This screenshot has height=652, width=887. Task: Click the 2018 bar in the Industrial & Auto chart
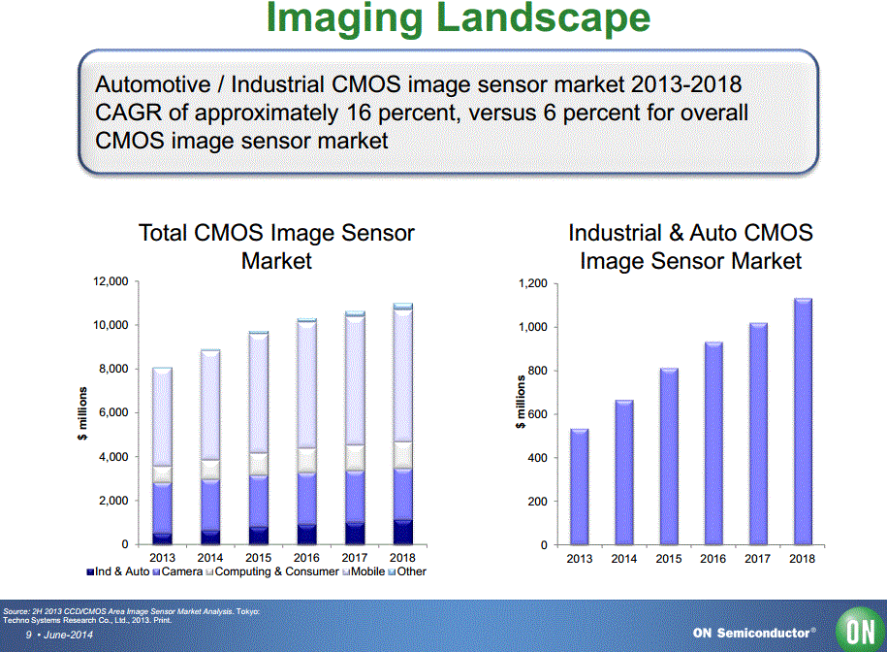coord(803,421)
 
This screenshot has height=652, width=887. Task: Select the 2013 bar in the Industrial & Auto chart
coord(579,486)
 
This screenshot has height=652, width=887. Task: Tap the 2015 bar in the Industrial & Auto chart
coord(668,456)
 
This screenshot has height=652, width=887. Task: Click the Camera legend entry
coord(180,571)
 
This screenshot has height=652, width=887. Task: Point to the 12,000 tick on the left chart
coord(110,281)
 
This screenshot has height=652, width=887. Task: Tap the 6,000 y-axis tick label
coord(113,412)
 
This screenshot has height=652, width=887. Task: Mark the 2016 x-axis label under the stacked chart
coord(306,558)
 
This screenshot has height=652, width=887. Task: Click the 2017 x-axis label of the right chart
coord(758,559)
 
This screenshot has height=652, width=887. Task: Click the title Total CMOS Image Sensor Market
coord(276,246)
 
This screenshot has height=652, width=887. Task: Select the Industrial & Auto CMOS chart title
coord(690,246)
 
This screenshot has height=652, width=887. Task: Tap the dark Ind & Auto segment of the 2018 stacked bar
coord(402,532)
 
